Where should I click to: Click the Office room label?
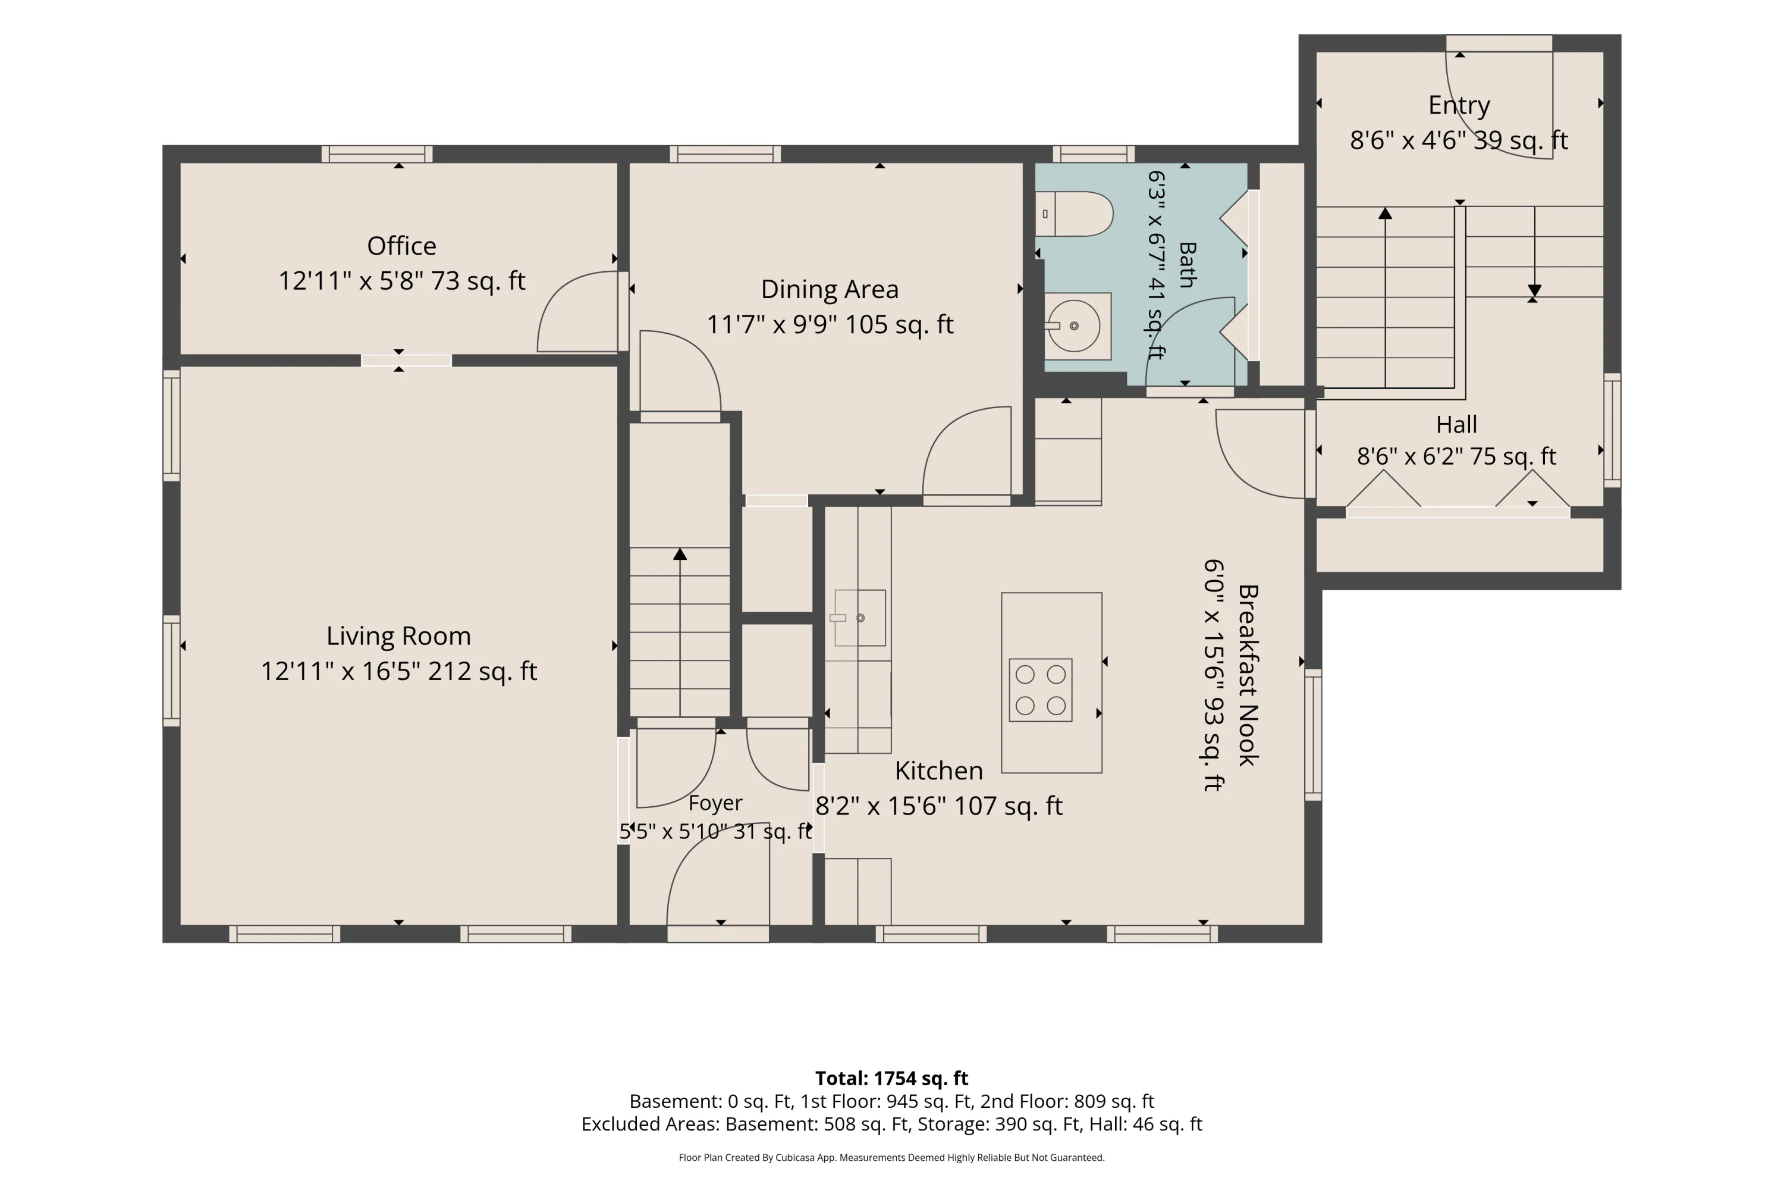401,246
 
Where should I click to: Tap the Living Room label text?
398,636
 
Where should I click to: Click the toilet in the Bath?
1074,214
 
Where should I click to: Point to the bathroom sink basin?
1074,326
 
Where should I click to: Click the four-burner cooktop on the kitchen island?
1040,690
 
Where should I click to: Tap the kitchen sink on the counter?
859,618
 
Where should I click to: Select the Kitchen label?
938,771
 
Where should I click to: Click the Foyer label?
715,803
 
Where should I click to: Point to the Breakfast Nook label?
1248,675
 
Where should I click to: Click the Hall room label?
1456,424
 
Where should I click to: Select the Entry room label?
1459,105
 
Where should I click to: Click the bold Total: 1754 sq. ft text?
891,1078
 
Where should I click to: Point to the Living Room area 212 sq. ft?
482,671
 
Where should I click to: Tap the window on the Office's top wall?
377,154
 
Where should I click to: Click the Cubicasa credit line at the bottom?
891,1157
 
